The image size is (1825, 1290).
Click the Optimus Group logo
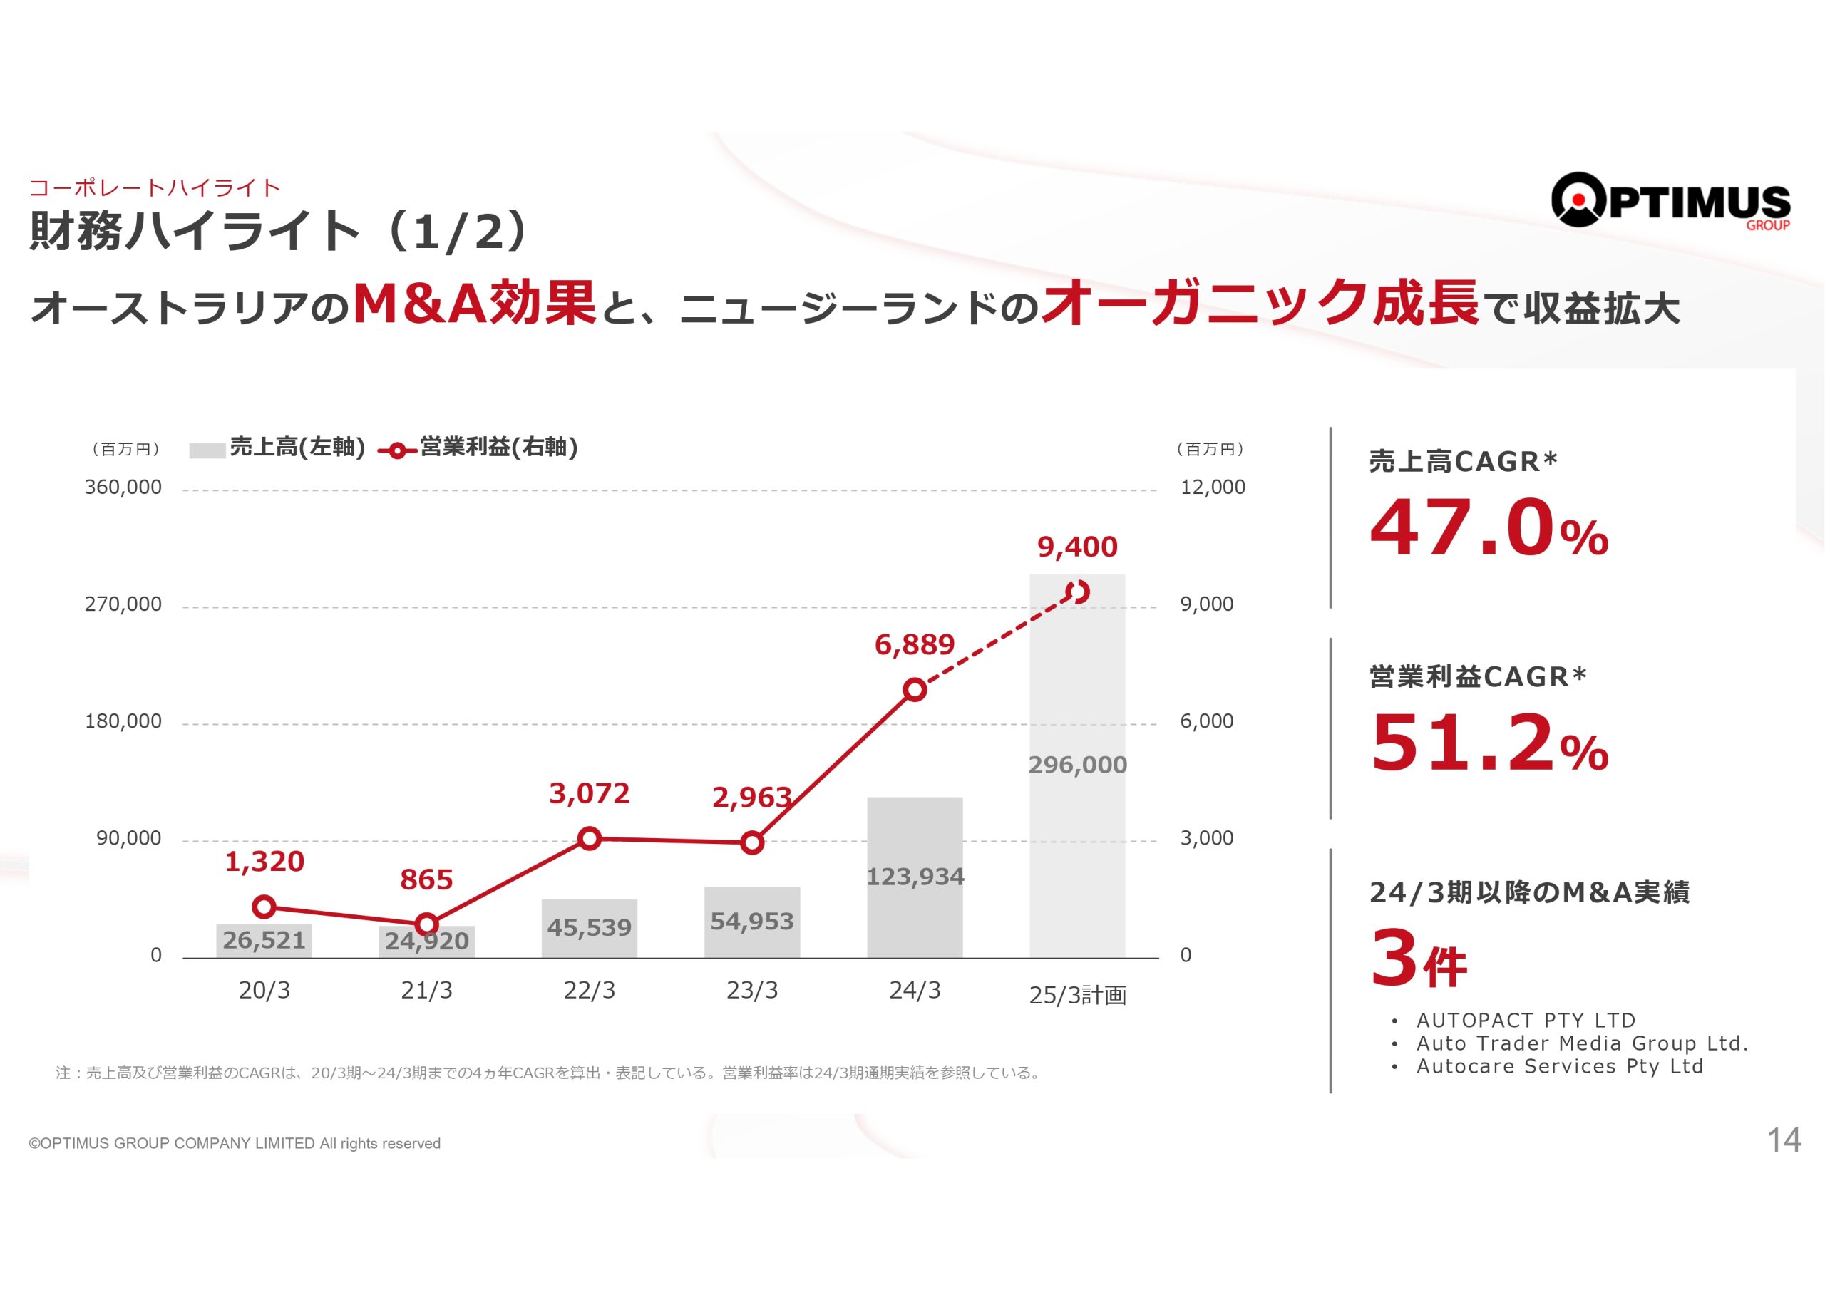click(x=1670, y=201)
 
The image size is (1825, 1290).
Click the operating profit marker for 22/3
click(x=589, y=839)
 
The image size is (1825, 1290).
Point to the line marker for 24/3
click(x=915, y=690)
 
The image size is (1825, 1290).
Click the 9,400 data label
click(x=1077, y=547)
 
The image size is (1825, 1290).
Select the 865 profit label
click(x=426, y=880)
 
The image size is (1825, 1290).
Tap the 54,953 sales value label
click(x=751, y=922)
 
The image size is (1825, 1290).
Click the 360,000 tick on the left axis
click(x=123, y=487)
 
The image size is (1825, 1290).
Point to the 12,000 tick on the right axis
click(x=1212, y=487)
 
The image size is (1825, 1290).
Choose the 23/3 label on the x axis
click(x=752, y=991)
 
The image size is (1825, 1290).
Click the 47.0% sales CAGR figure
click(x=1489, y=529)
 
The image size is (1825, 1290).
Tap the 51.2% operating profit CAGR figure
click(x=1489, y=743)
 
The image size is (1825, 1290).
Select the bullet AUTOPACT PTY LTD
click(x=1526, y=1020)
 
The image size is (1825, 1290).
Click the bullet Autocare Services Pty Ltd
click(x=1560, y=1066)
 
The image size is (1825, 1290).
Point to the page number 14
click(x=1784, y=1140)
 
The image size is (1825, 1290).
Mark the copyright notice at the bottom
click(x=235, y=1144)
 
